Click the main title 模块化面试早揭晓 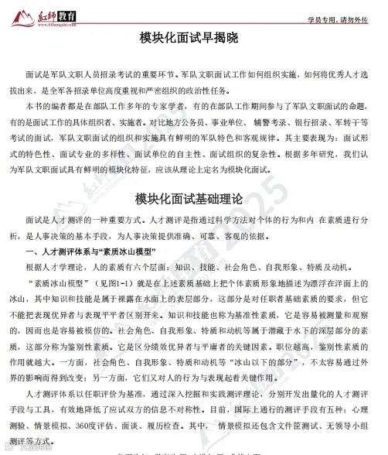(192, 39)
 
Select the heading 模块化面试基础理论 (192, 200)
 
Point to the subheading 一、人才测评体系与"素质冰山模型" (90, 252)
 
